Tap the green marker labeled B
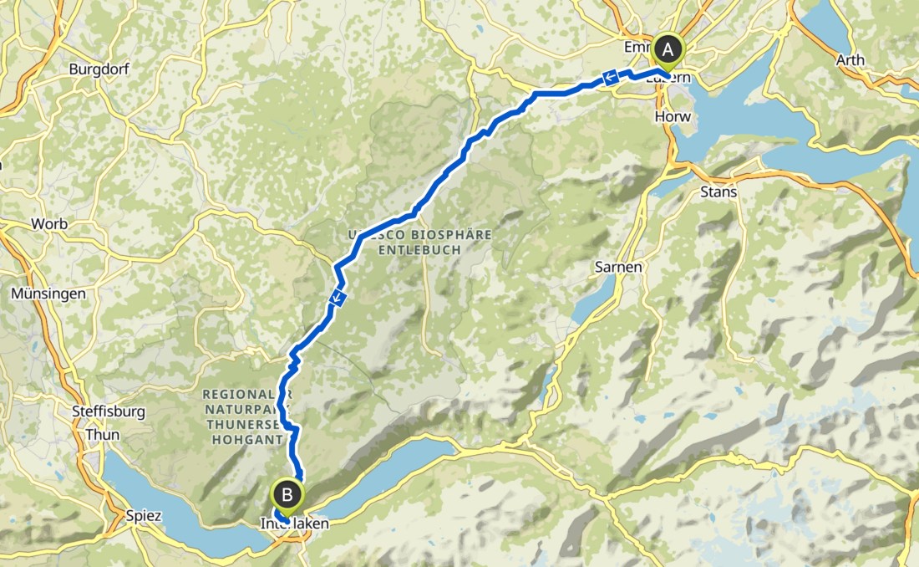point(287,496)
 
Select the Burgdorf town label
point(99,69)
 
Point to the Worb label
point(48,224)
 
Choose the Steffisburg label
point(109,412)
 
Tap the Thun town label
point(97,435)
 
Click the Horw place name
point(673,116)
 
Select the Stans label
point(718,192)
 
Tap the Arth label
point(850,60)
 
